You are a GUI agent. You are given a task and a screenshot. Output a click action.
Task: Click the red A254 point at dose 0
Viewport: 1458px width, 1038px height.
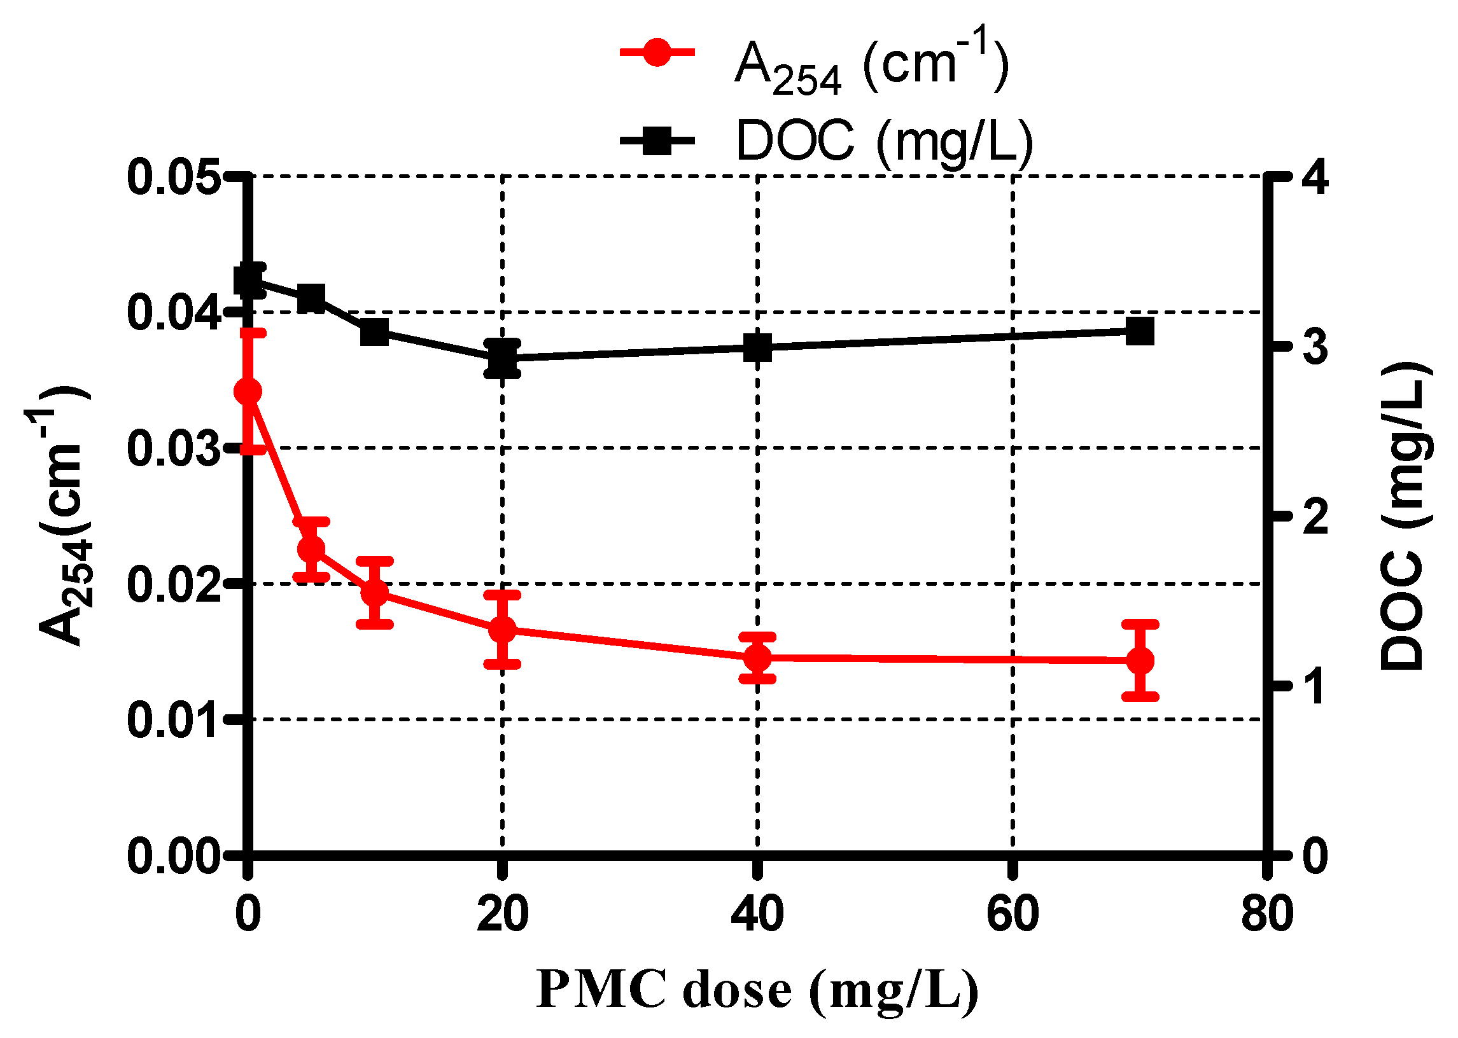click(248, 392)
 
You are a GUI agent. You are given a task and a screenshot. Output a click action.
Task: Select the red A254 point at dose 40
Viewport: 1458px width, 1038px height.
click(758, 658)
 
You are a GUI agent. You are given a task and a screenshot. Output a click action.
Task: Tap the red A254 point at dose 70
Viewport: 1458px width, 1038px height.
click(1140, 660)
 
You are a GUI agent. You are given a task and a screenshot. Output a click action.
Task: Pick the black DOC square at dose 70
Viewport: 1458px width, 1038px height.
click(1140, 332)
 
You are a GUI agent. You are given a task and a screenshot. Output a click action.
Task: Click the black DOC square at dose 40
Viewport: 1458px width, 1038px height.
click(758, 348)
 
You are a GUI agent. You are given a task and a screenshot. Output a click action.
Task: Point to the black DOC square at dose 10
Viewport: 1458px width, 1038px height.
click(375, 333)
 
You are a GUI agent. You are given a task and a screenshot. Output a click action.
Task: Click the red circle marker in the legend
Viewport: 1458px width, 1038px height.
click(657, 52)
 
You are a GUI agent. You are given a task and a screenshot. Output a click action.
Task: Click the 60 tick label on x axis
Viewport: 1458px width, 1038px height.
click(1013, 914)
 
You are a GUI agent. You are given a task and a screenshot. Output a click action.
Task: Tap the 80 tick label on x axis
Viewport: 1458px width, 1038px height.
click(1267, 914)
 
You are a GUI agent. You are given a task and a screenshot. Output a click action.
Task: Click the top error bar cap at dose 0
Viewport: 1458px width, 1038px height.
click(252, 333)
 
